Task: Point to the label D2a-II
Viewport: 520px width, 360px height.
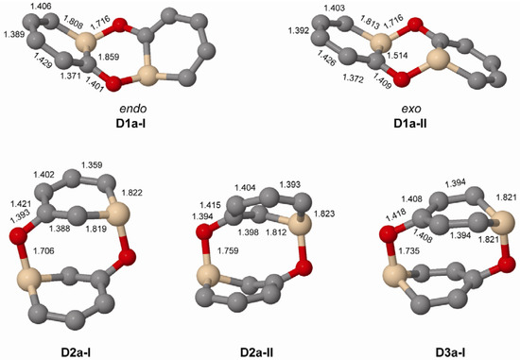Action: click(258, 351)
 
